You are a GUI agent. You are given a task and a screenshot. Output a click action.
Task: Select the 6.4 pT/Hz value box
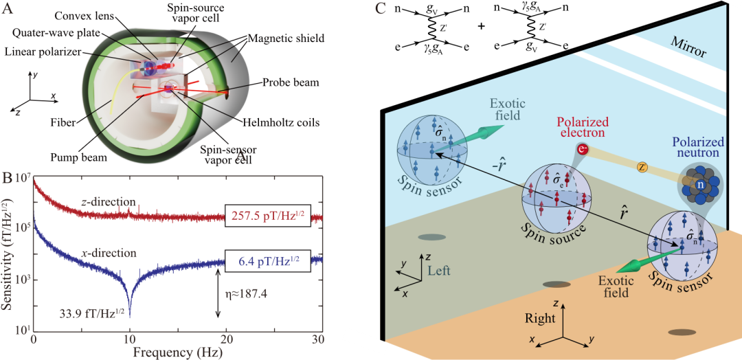(x=269, y=261)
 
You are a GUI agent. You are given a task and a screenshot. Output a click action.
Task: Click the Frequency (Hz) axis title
(x=178, y=353)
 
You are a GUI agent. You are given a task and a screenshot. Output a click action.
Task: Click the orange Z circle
(x=643, y=166)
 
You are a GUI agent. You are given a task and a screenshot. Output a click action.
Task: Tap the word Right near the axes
(x=540, y=318)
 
